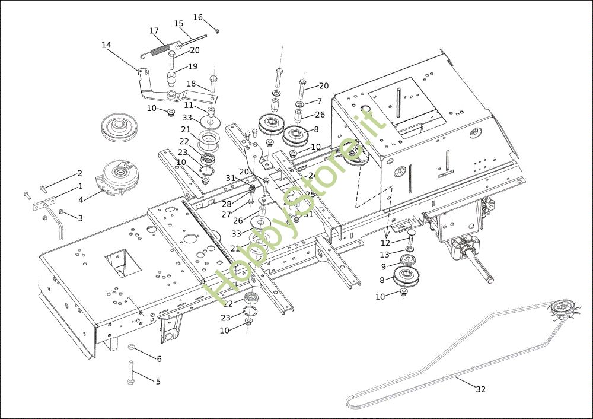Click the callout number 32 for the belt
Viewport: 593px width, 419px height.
tap(480, 389)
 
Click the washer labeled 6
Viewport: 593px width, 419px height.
tap(132, 346)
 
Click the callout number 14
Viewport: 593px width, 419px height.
tap(106, 45)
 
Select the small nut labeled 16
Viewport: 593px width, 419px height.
tap(218, 30)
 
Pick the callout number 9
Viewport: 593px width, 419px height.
tap(384, 266)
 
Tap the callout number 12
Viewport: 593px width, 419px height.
tap(385, 243)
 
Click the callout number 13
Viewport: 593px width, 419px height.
tap(385, 255)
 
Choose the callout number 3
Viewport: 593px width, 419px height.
tap(80, 218)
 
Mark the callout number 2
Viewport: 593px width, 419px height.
tap(79, 174)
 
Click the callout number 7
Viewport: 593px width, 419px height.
tap(319, 101)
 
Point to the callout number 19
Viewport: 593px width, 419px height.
tap(193, 66)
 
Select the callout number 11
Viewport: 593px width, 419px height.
tap(188, 105)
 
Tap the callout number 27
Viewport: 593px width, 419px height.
tap(226, 214)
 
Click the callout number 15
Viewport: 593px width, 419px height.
tap(178, 23)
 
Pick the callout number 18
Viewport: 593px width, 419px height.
tap(191, 84)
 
